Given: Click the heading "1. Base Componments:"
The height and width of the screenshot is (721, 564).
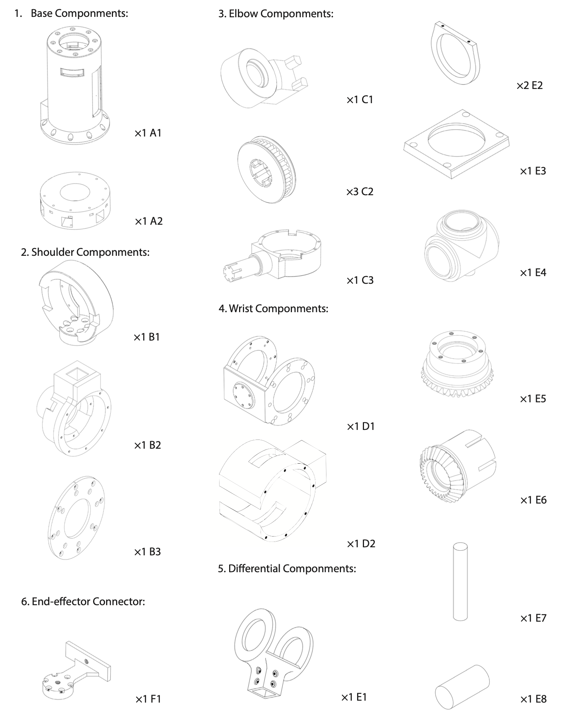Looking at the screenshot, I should click(71, 13).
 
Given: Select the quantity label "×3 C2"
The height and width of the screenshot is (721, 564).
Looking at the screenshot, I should click(359, 192).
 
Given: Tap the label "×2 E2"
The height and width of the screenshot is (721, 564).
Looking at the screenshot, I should click(530, 86).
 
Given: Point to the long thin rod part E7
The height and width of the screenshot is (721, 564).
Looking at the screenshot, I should click(460, 581).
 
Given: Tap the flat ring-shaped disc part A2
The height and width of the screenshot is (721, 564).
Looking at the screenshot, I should click(75, 200).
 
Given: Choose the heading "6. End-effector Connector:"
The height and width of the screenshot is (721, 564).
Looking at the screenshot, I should click(83, 601).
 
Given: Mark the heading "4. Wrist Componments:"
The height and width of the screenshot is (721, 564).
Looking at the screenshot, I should click(273, 308).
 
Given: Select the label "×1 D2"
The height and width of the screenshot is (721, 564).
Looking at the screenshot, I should click(361, 543).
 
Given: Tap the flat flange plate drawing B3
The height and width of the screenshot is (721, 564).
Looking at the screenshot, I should click(77, 518).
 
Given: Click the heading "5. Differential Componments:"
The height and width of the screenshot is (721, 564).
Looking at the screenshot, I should click(287, 568).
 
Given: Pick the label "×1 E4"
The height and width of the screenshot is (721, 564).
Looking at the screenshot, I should click(533, 273).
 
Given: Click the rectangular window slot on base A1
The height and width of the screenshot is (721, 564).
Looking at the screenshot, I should click(72, 72).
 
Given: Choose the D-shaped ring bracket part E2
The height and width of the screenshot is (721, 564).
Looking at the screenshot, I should click(455, 54).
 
